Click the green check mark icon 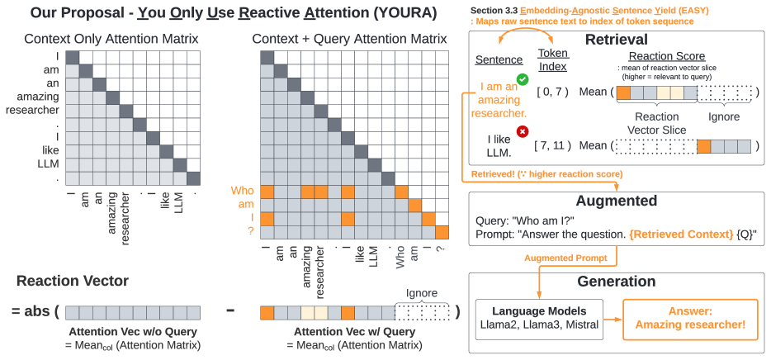click(x=521, y=80)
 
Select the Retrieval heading click(x=615, y=40)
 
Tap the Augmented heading click(x=616, y=201)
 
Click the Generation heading click(x=616, y=282)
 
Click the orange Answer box click(x=690, y=319)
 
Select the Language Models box click(x=537, y=319)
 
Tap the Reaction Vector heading click(x=73, y=282)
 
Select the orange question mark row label click(x=250, y=232)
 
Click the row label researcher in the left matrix click(x=31, y=111)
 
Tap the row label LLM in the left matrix click(x=48, y=164)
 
